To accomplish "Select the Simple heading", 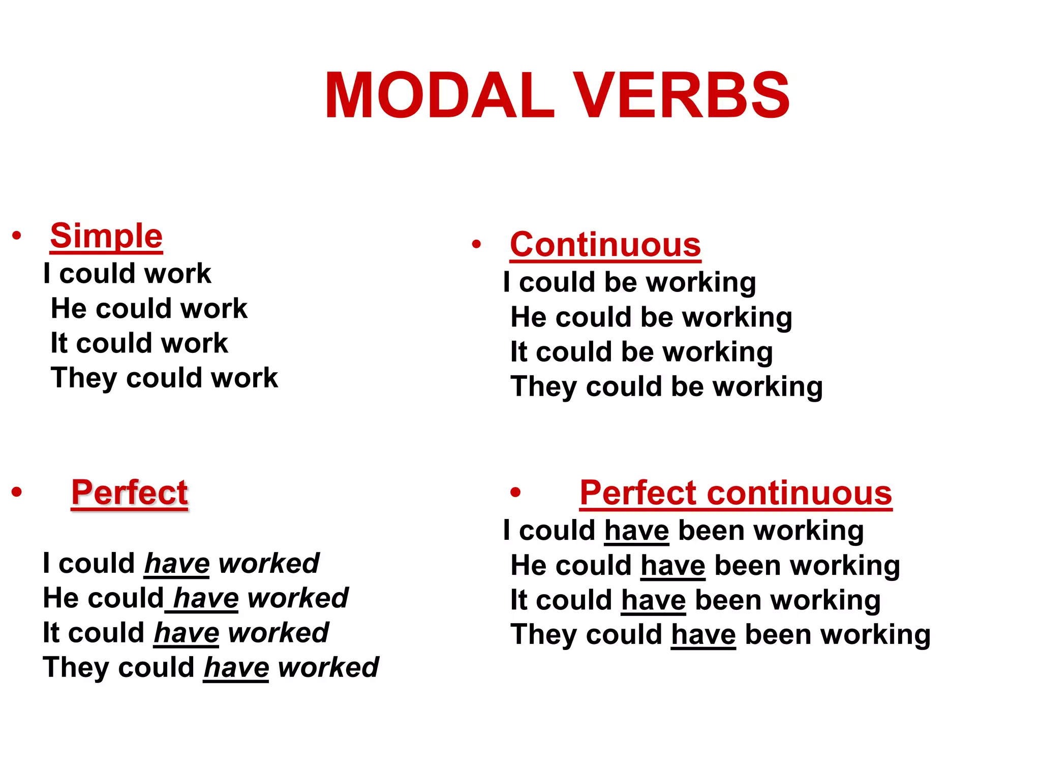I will (x=106, y=236).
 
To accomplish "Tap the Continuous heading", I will (x=605, y=245).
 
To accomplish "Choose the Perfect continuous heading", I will (x=736, y=493).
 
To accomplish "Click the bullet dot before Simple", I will (x=17, y=235).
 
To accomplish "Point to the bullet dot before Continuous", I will (x=476, y=244).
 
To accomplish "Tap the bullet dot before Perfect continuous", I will (x=515, y=492).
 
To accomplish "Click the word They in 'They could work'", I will (x=84, y=378).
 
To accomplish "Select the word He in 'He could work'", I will (x=69, y=309).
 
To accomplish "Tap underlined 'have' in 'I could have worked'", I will (x=177, y=564).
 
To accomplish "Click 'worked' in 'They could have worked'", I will (x=328, y=668).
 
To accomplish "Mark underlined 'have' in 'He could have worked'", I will (x=206, y=598).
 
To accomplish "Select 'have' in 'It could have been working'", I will (x=654, y=600).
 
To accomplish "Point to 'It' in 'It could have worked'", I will (x=51, y=633).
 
